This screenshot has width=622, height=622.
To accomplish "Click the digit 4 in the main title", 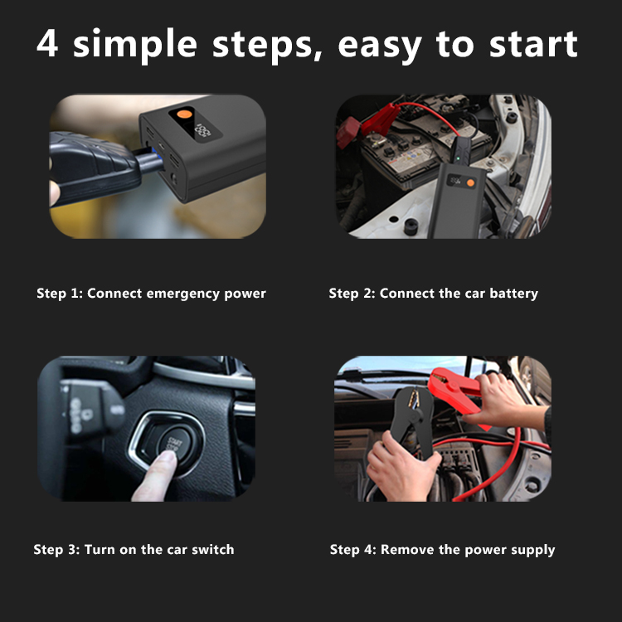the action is (47, 43).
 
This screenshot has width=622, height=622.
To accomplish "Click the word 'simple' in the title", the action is (135, 46).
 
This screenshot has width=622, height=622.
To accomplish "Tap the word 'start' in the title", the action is (533, 44).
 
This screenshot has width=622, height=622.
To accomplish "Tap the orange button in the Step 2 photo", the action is (470, 183).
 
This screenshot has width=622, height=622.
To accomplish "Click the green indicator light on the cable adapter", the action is (459, 158).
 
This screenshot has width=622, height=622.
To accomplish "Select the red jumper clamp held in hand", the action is (456, 393).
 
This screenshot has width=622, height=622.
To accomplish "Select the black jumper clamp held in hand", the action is (411, 421).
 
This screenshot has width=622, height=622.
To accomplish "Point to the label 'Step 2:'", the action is (352, 294).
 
